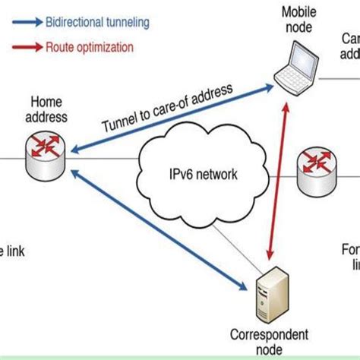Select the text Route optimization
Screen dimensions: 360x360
[x=99, y=47]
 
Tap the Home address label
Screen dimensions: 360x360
[x=47, y=109]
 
